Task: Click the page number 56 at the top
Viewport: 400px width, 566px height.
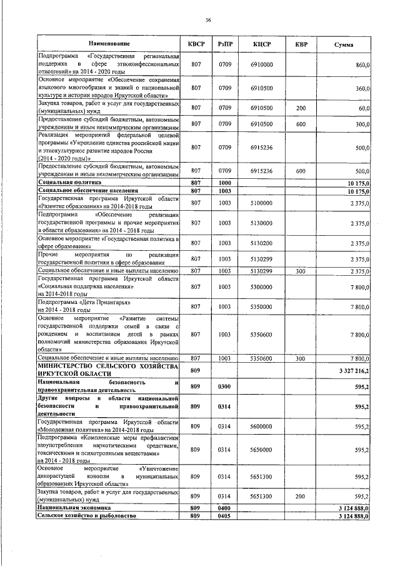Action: pos(209,21)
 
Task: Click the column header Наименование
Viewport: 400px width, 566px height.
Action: pos(109,44)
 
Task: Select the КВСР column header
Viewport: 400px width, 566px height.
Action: pos(196,44)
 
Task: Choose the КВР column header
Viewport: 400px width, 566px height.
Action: pos(301,44)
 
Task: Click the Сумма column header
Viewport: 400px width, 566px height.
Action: pos(344,45)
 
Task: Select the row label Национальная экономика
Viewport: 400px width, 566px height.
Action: pos(69,509)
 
